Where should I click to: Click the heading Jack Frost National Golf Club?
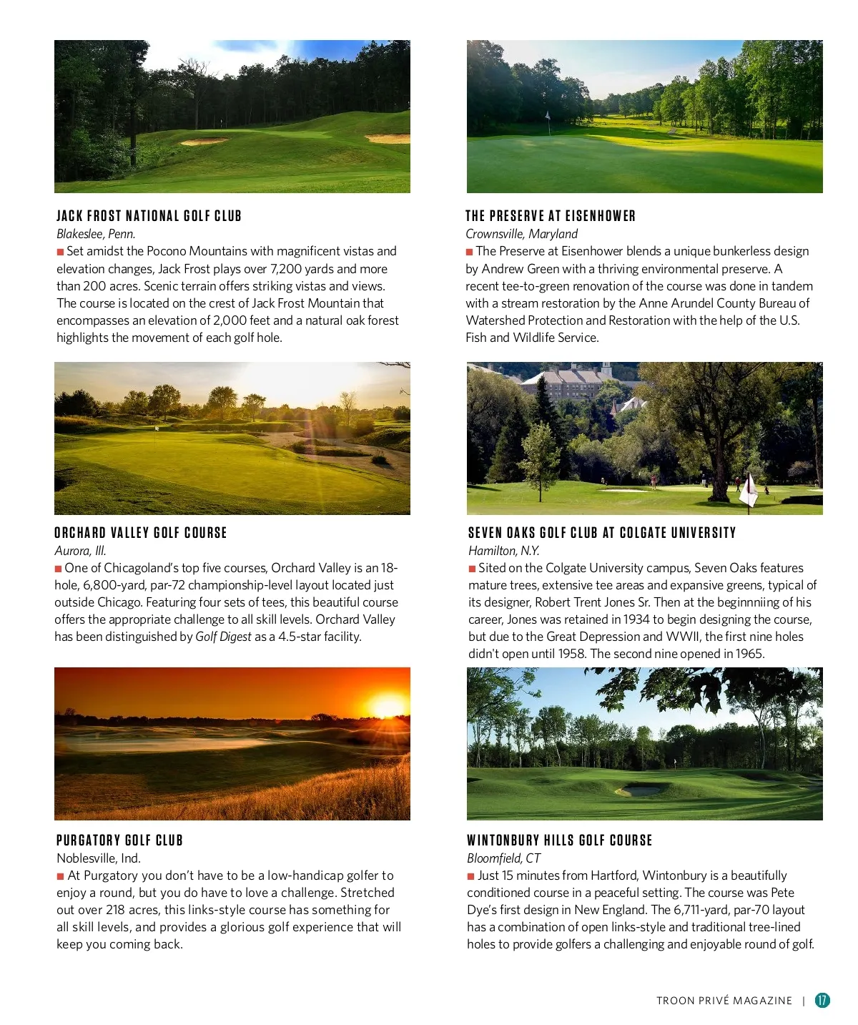(x=149, y=216)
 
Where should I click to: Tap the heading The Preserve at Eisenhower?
(x=550, y=216)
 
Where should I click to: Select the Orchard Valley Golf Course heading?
(x=140, y=533)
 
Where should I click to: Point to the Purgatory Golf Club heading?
(x=119, y=840)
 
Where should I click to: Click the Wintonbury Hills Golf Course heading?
(x=559, y=840)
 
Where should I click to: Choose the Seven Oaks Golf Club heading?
(x=601, y=533)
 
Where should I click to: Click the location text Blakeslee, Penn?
(x=96, y=234)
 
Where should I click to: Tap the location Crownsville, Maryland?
(x=521, y=234)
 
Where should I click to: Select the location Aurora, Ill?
(x=80, y=551)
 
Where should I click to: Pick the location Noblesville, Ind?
(x=99, y=858)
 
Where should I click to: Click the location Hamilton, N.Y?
(x=503, y=551)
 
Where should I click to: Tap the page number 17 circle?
(x=822, y=1000)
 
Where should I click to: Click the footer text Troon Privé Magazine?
(x=724, y=1001)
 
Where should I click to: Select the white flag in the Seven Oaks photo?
(x=748, y=489)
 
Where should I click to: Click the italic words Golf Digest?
(x=223, y=637)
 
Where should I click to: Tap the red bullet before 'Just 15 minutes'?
(x=470, y=876)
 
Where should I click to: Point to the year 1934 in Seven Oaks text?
(x=636, y=619)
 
